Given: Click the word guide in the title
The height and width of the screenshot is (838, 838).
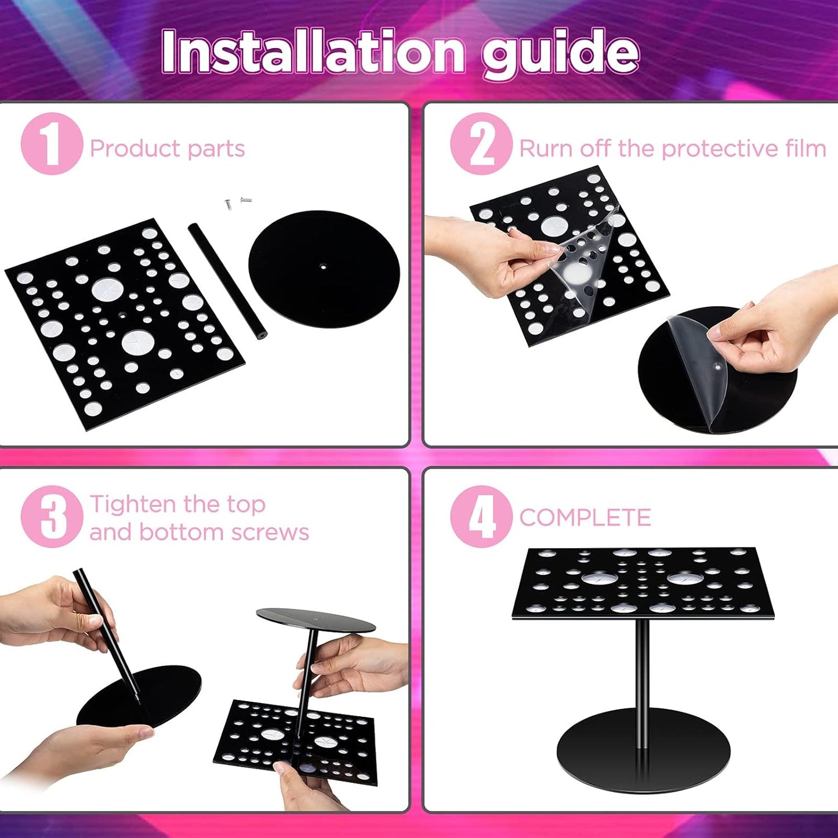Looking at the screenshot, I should [560, 54].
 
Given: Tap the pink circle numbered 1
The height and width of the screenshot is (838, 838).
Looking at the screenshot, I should [51, 144].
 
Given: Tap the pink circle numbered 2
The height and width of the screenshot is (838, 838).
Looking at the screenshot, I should [481, 144].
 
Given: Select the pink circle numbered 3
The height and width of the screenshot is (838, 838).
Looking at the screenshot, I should [51, 516].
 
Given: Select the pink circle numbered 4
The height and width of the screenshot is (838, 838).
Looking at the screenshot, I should [481, 516].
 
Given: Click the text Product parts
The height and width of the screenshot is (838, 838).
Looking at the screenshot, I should [167, 149].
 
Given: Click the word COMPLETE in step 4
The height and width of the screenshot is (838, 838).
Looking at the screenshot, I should [585, 517].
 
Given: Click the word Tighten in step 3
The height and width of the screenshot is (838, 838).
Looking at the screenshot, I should [132, 504].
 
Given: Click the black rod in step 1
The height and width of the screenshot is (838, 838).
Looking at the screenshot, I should [226, 281].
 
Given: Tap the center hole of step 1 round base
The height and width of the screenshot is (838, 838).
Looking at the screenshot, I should [323, 267].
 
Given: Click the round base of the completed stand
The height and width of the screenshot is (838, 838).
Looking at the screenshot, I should [643, 754].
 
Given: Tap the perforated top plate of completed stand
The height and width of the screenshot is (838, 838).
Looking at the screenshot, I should [643, 583].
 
